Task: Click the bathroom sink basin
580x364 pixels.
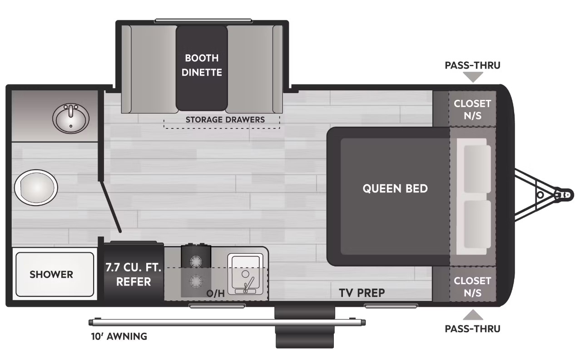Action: [x=71, y=119]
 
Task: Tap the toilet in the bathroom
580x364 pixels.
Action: [x=36, y=187]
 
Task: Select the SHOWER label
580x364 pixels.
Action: [x=51, y=275]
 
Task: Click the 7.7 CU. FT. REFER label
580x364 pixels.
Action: [x=134, y=275]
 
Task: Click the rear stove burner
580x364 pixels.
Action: [x=195, y=261]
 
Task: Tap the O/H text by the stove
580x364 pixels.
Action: [x=215, y=293]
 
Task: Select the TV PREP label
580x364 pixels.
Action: [x=362, y=293]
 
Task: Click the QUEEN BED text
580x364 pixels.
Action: [x=395, y=189]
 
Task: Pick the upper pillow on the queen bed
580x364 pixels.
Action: [x=477, y=169]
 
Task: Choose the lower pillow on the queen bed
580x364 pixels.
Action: [x=477, y=224]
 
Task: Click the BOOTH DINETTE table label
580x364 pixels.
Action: [x=202, y=65]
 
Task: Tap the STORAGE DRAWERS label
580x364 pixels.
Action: [x=225, y=120]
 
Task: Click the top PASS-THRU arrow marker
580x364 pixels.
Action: [x=473, y=77]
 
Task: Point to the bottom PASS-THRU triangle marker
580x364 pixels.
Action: [x=473, y=315]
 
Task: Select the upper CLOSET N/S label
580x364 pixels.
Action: [x=472, y=110]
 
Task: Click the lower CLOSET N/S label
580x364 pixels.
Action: [x=472, y=287]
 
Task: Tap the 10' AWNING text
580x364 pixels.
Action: [x=119, y=337]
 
